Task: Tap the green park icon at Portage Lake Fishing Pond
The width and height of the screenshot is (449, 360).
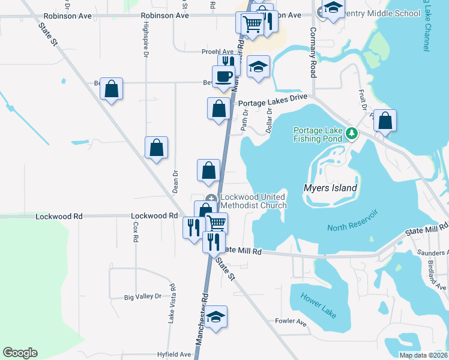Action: (354, 134)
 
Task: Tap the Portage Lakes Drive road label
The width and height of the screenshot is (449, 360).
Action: (273, 102)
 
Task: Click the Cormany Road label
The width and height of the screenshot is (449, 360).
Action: (313, 53)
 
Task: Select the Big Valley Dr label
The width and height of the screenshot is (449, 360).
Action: (143, 296)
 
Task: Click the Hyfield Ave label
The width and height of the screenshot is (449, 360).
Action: (174, 355)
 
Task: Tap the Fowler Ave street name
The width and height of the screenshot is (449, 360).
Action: (291, 323)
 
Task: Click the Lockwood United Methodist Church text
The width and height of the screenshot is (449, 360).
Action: (253, 201)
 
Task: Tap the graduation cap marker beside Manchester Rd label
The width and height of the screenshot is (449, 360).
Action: (215, 317)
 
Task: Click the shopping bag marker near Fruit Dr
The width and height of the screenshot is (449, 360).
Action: (385, 121)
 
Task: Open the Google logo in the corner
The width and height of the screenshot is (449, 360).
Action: (20, 353)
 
